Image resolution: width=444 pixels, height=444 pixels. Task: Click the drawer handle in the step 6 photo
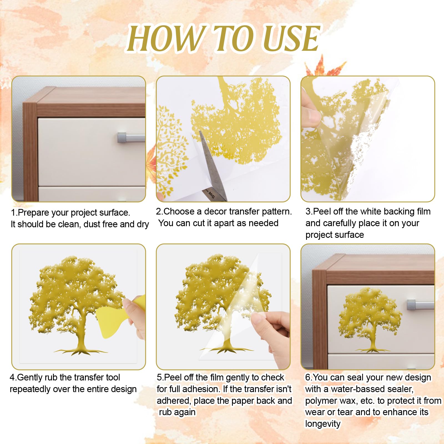pyautogui.click(x=420, y=305)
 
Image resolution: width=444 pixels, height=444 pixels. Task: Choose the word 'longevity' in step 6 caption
pyautogui.click(x=323, y=424)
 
